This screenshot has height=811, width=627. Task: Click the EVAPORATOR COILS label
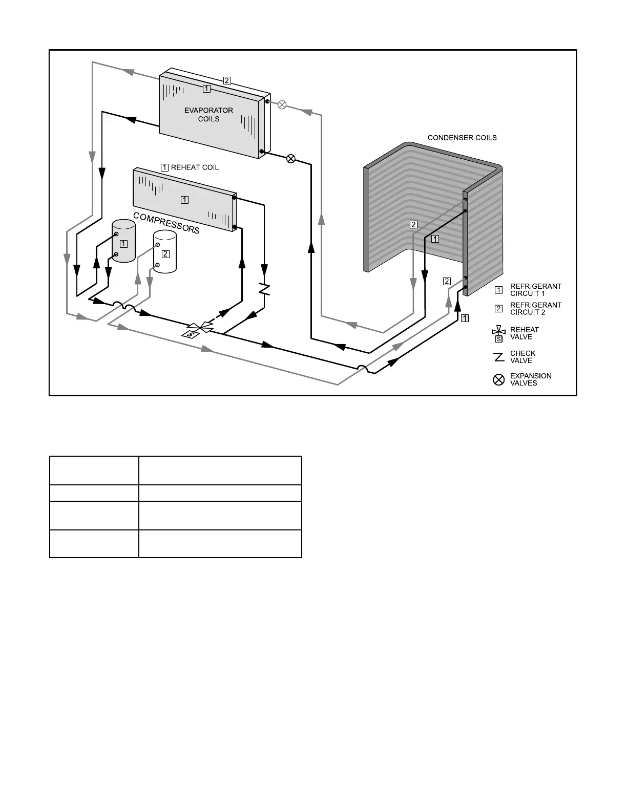(x=208, y=115)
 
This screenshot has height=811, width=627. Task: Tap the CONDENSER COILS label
(x=462, y=138)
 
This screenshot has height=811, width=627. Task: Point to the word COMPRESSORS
(x=166, y=223)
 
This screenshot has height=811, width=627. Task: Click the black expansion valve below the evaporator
(x=290, y=158)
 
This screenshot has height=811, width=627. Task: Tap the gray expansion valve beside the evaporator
(x=282, y=104)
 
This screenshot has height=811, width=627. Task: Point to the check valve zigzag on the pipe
(x=264, y=289)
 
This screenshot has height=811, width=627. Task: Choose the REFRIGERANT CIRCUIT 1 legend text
(x=535, y=290)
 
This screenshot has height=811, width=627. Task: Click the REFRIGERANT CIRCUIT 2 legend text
(x=535, y=309)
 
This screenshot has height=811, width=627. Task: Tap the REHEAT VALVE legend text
(x=524, y=333)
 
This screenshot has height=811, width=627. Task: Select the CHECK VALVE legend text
(x=522, y=357)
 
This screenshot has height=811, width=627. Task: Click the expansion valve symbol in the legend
(x=498, y=380)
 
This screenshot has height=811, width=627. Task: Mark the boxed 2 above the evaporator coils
(x=227, y=80)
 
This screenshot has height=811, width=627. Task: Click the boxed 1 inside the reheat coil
(x=184, y=200)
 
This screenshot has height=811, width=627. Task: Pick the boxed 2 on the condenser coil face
(x=413, y=224)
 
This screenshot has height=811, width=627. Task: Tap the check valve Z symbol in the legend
(x=498, y=357)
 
